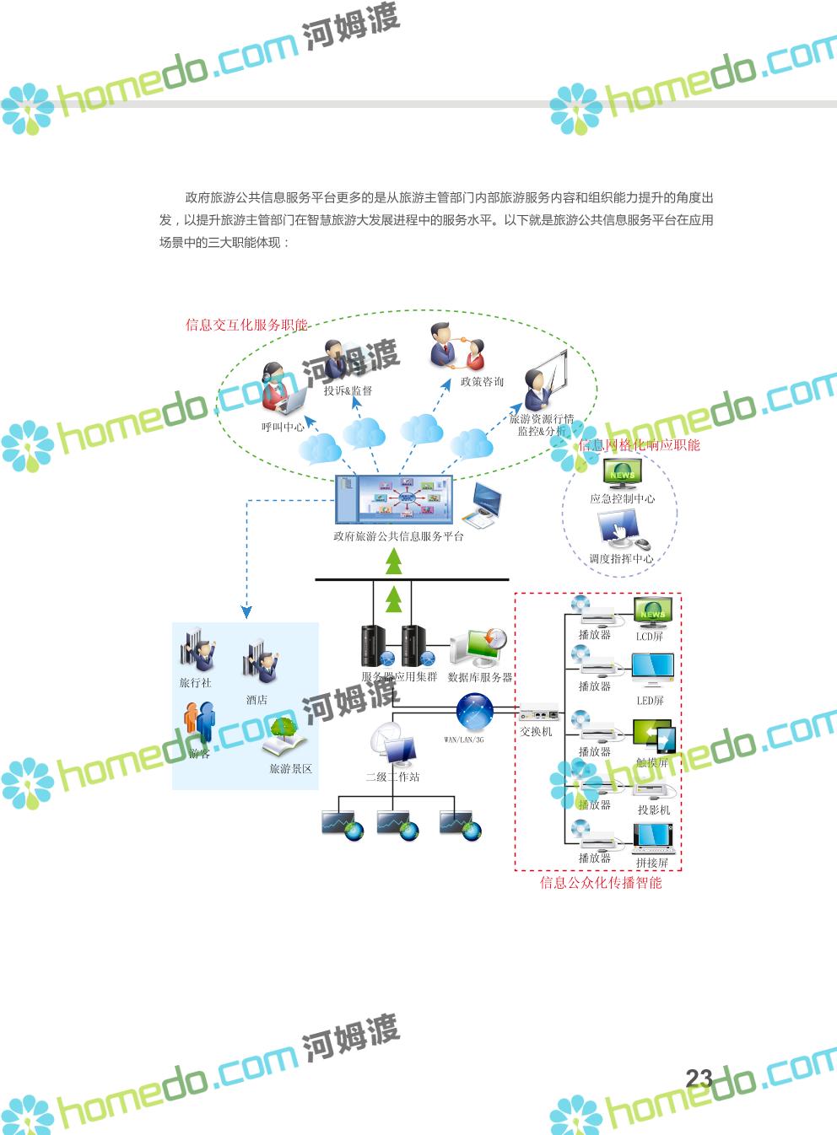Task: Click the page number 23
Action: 699,1078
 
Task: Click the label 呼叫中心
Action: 283,428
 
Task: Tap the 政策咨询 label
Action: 482,382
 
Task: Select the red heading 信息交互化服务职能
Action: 246,325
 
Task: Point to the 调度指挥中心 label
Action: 621,558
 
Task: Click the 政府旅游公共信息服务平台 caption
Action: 398,536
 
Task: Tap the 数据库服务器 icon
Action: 478,648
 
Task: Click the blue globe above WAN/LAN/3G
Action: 475,712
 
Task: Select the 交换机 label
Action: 536,732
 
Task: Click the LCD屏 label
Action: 650,637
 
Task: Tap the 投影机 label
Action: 654,810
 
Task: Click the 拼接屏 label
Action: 652,863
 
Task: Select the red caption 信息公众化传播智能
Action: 601,883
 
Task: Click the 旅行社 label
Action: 195,683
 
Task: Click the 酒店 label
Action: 256,700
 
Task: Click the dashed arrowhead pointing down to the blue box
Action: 246,611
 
